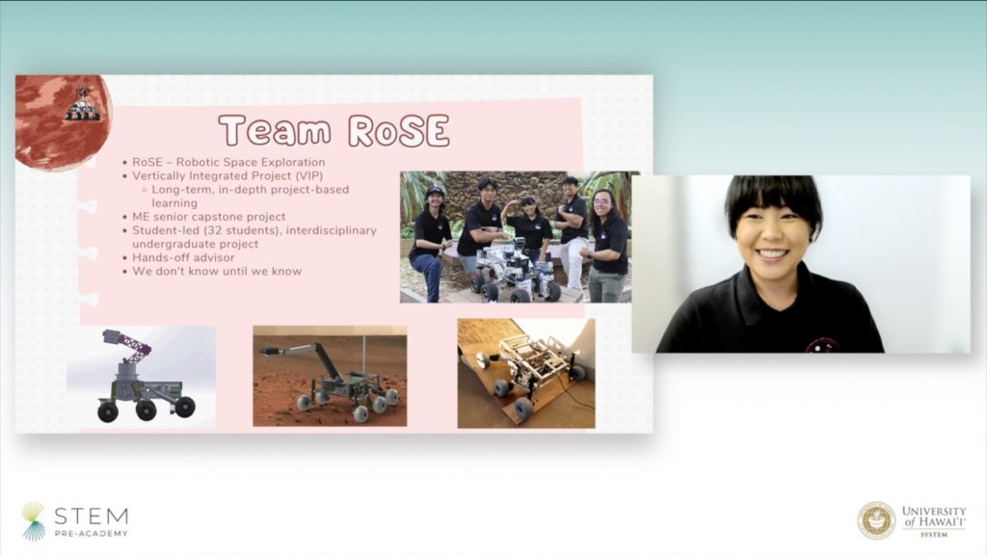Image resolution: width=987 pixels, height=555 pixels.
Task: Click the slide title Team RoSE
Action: [334, 130]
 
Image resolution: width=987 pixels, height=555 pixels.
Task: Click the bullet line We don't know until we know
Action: [217, 271]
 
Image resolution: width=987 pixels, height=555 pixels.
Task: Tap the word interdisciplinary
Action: [332, 230]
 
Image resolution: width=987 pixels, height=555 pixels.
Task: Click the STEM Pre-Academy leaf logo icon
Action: [33, 521]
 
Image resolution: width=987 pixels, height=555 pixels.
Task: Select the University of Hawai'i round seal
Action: [875, 520]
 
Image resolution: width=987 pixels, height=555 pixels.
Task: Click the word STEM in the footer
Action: [92, 516]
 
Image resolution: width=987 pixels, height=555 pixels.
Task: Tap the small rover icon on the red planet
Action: [83, 105]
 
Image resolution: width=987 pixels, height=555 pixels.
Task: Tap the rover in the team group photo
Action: [513, 271]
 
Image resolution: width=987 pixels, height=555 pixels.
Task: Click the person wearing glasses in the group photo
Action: [606, 246]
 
